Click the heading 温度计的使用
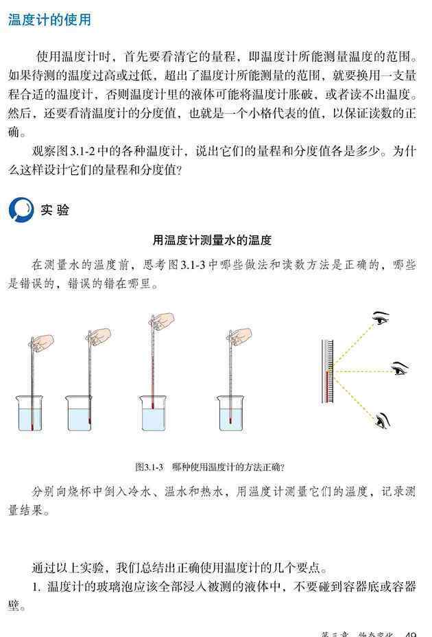49,20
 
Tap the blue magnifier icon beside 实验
21,210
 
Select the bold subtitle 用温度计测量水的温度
211,240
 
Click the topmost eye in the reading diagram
381,318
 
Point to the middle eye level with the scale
400,369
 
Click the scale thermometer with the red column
328,371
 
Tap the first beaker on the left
30,413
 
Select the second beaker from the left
80,413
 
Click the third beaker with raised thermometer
153,413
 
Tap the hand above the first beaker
42,343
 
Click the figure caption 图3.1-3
149,467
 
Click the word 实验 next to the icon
54,210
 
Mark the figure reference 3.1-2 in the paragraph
83,151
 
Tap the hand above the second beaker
99,337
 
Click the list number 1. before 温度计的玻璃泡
36,586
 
